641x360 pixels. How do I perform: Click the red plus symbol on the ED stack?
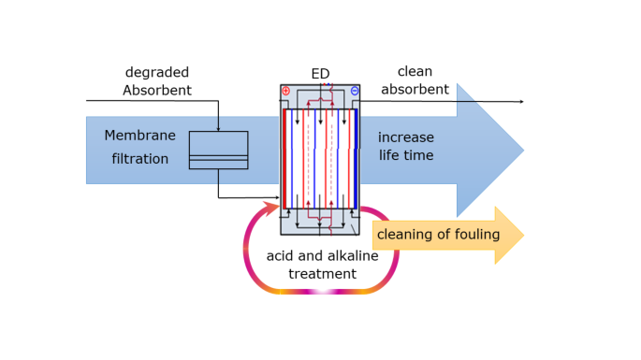[x=285, y=91]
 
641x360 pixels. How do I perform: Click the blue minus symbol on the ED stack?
[x=355, y=91]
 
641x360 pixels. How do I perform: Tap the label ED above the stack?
[x=320, y=74]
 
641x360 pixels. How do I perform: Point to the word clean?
[x=415, y=72]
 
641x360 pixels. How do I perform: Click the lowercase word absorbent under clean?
[x=415, y=90]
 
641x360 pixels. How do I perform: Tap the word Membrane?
[x=139, y=136]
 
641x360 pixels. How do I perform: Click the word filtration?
[x=140, y=159]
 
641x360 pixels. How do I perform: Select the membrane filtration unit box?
[x=218, y=150]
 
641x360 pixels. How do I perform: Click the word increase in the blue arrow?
[x=406, y=137]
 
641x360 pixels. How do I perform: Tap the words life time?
[x=406, y=155]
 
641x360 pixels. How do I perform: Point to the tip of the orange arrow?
[x=521, y=235]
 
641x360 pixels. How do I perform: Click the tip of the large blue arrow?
[x=521, y=150]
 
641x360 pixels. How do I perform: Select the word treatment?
[x=322, y=274]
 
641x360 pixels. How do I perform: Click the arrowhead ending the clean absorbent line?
[x=521, y=101]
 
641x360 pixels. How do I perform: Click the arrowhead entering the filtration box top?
[x=218, y=128]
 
